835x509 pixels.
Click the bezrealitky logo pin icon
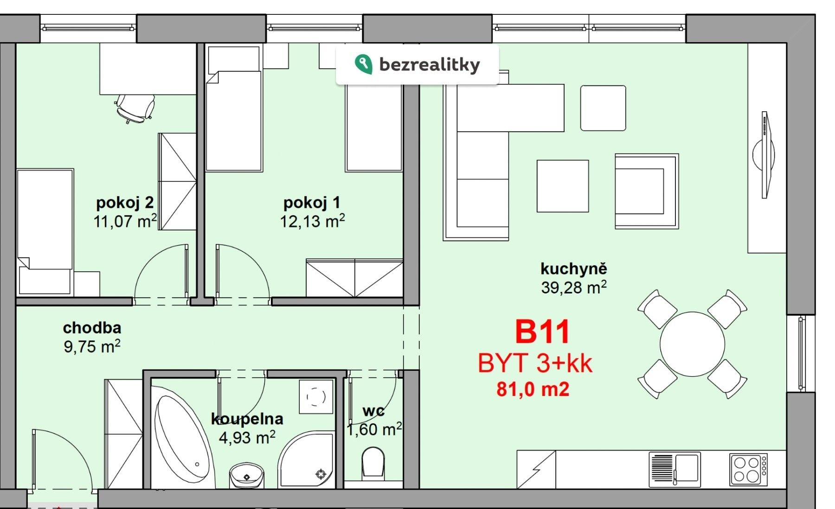(x=363, y=64)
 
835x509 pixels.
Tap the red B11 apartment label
(x=542, y=332)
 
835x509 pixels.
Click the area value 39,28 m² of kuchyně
(x=573, y=287)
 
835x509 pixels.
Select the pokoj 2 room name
(x=125, y=203)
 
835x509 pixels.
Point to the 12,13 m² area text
(x=312, y=221)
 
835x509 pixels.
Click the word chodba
(x=92, y=328)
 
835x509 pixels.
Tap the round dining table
(x=692, y=344)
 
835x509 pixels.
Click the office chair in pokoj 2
(x=135, y=108)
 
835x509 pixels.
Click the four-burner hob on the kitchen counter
(x=747, y=469)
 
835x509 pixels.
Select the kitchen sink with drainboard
(x=674, y=469)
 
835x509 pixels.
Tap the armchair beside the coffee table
(x=646, y=191)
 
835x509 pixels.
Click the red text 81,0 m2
(x=533, y=389)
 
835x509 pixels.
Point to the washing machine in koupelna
(x=316, y=397)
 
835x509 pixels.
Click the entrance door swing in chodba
(x=60, y=457)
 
